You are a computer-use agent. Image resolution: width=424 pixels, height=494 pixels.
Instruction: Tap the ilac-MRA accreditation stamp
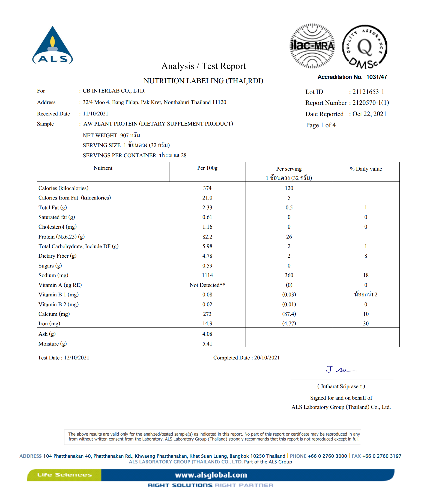tap(312, 46)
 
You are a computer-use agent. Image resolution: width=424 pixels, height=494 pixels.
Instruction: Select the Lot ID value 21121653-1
tap(368, 92)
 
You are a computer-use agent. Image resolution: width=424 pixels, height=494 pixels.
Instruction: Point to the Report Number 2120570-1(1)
tap(371, 103)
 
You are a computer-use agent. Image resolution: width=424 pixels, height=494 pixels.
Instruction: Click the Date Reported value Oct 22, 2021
tap(369, 114)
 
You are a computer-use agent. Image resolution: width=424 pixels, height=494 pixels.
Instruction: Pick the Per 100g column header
tap(207, 168)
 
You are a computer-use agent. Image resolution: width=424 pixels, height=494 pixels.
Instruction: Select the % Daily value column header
tap(366, 169)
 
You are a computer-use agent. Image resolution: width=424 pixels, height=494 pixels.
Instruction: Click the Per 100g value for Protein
tap(207, 237)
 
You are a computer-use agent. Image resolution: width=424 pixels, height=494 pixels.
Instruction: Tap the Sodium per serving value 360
tap(289, 275)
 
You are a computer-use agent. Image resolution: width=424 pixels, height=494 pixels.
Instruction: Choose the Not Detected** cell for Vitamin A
tap(207, 285)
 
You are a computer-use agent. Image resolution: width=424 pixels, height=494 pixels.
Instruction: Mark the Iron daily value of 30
tap(366, 324)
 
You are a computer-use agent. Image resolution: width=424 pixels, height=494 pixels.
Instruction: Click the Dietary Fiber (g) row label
tap(58, 256)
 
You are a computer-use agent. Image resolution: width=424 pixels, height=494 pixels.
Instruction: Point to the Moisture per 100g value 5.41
tap(207, 344)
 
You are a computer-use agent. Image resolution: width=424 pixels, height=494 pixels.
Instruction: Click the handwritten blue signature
tap(341, 370)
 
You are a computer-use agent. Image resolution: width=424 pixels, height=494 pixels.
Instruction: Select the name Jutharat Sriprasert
tap(341, 386)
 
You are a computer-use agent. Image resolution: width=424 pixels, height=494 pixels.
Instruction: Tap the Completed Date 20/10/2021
tap(267, 358)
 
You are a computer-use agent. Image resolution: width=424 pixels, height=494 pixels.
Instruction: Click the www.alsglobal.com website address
tap(211, 475)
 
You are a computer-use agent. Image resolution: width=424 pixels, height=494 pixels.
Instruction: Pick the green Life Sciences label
tap(64, 475)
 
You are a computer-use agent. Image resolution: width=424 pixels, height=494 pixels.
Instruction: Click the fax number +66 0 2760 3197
tap(382, 456)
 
